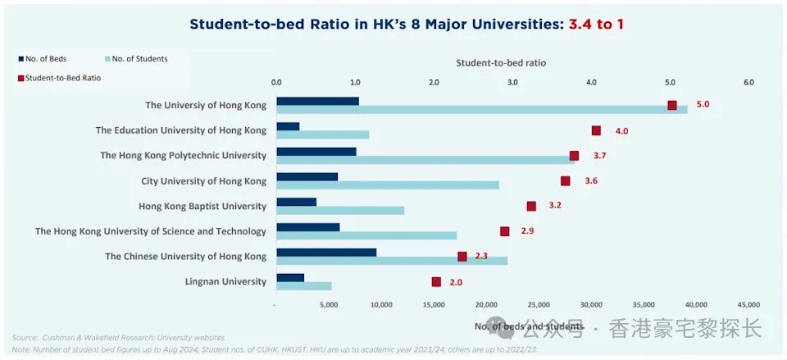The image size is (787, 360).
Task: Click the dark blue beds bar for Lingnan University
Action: pos(290,278)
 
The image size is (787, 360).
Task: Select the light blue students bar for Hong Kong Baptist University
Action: pos(340,211)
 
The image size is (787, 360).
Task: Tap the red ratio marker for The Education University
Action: pos(596,130)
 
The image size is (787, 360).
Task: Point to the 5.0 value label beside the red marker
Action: pos(703,105)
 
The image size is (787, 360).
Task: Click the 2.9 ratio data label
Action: pos(527,231)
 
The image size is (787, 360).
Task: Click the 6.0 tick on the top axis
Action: pos(748,82)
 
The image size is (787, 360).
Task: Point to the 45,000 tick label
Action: pos(748,304)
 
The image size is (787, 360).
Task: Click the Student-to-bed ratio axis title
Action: pos(500,62)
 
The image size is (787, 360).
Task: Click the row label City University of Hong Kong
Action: pos(204,180)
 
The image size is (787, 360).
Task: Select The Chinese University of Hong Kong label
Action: pos(186,257)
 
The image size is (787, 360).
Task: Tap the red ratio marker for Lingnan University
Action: pos(436,282)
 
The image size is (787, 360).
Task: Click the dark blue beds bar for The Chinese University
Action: pos(326,253)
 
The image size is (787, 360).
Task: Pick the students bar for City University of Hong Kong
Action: pos(388,185)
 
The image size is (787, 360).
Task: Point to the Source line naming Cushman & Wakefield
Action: pos(118,337)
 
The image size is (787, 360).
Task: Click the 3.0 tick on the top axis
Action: pos(512,82)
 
